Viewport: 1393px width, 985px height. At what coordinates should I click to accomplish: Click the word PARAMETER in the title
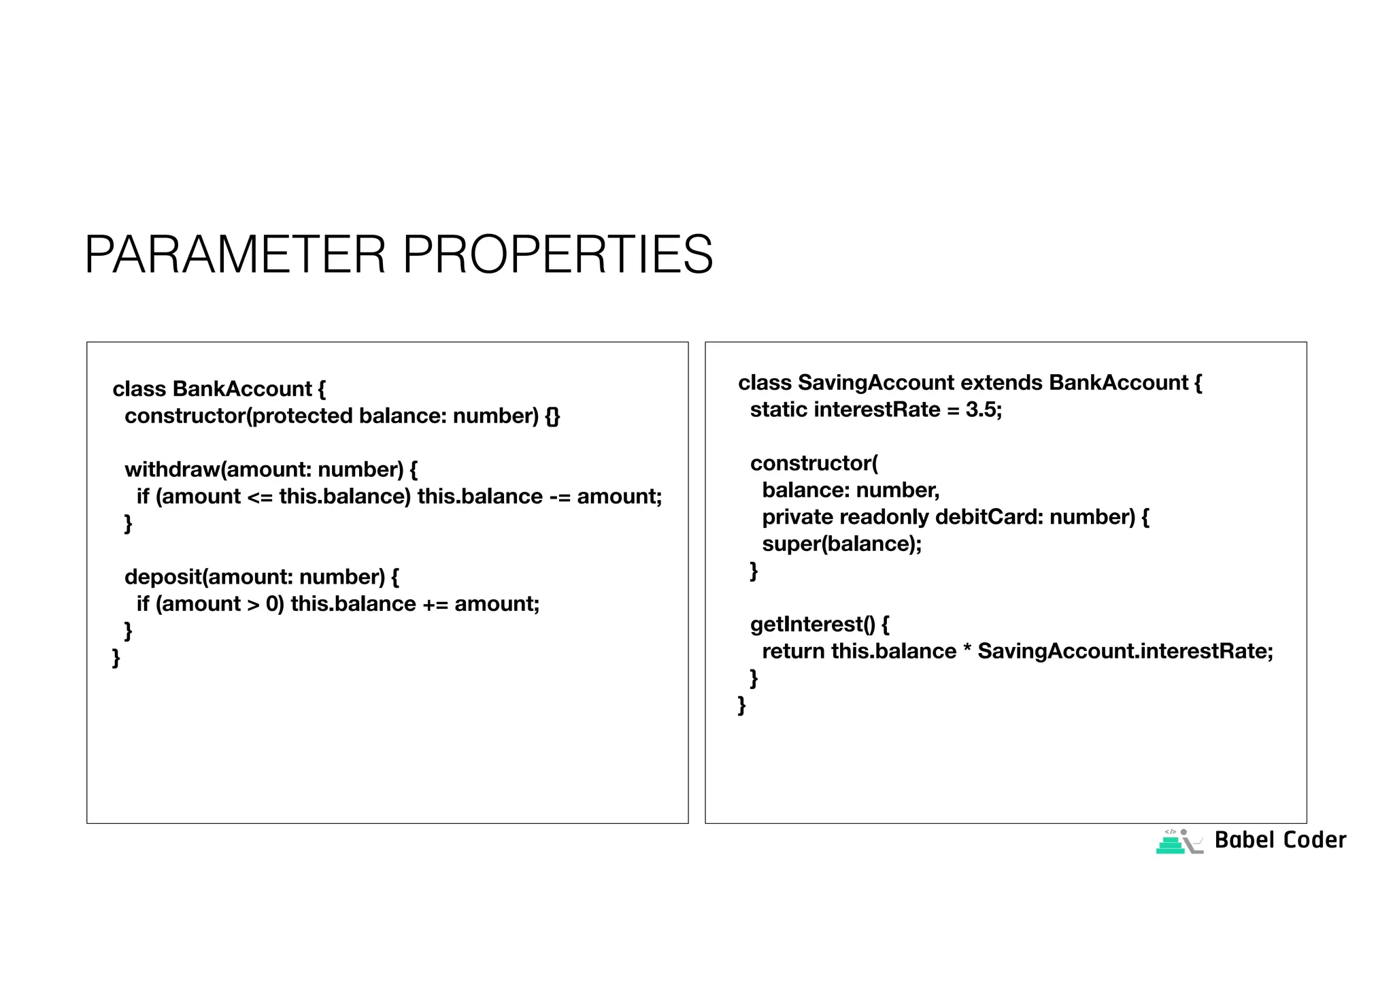pyautogui.click(x=235, y=254)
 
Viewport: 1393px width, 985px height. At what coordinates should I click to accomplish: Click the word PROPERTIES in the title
pyautogui.click(x=558, y=254)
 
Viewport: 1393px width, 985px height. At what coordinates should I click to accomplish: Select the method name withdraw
pyautogui.click(x=173, y=469)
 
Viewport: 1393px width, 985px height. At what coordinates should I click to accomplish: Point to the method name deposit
pyautogui.click(x=163, y=577)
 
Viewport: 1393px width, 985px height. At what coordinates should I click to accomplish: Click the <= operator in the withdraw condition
pyautogui.click(x=259, y=497)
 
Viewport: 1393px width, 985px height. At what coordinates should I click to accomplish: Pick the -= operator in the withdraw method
pyautogui.click(x=559, y=497)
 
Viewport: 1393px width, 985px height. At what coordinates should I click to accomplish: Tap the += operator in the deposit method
pyautogui.click(x=435, y=604)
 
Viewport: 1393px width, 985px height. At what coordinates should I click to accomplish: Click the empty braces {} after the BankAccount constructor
pyautogui.click(x=552, y=416)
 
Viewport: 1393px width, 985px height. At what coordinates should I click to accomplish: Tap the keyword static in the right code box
pyautogui.click(x=778, y=410)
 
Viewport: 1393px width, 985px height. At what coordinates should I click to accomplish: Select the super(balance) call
pyautogui.click(x=841, y=544)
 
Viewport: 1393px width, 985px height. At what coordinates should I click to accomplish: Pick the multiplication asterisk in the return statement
pyautogui.click(x=967, y=652)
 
